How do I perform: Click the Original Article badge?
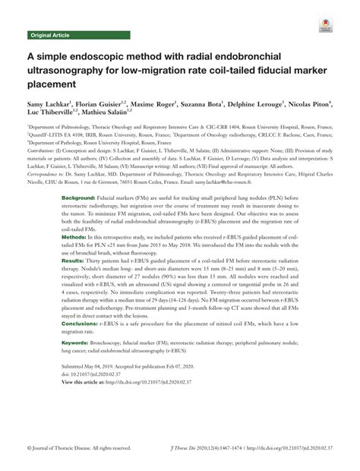49,36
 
